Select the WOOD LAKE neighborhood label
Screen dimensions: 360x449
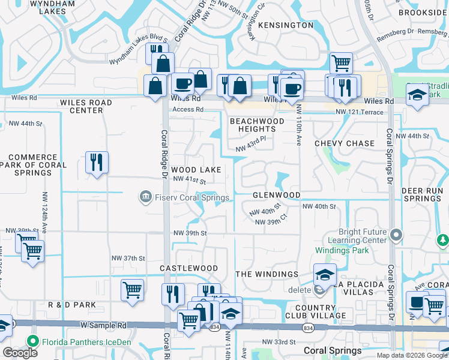click(196, 170)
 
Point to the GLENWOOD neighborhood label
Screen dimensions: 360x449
click(276, 196)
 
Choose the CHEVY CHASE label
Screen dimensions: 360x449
click(345, 143)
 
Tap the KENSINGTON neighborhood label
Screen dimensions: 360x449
click(286, 25)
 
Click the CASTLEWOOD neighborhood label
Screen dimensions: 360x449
click(188, 268)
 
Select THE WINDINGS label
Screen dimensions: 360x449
click(267, 274)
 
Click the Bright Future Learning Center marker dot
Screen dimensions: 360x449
click(396, 235)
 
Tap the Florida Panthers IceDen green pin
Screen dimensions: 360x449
click(32, 343)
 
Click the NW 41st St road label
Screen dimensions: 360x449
click(189, 180)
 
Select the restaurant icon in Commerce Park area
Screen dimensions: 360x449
click(97, 162)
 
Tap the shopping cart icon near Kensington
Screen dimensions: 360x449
click(341, 63)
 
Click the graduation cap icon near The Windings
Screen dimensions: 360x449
click(325, 274)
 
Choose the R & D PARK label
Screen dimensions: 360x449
click(71, 305)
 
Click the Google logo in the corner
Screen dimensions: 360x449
click(20, 353)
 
